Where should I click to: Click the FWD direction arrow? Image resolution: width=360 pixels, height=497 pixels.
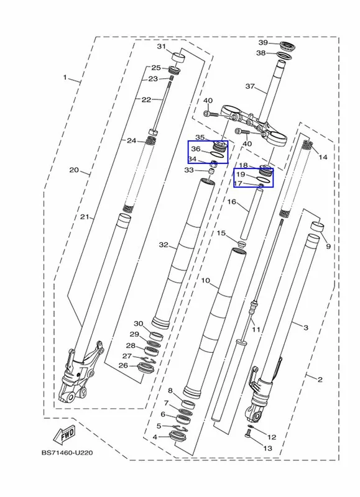point(65,434)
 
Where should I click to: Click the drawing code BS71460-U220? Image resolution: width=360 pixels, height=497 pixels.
point(67,453)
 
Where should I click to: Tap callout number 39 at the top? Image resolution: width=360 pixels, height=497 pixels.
point(263,43)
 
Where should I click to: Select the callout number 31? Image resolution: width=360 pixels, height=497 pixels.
point(162,47)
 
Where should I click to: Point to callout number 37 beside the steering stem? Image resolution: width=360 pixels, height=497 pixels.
point(250,86)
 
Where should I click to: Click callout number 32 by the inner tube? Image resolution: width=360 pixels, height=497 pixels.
point(164,245)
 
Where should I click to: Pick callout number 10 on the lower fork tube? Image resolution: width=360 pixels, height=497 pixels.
point(206,281)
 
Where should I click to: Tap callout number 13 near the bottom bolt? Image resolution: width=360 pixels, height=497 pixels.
point(268,448)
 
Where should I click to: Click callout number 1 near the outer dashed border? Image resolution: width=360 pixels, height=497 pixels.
point(65,77)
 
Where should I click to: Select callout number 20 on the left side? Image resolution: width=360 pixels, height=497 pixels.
point(74,170)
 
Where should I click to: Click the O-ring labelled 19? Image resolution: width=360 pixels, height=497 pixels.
point(263,179)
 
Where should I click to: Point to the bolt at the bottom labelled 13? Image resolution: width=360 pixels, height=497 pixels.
point(248,432)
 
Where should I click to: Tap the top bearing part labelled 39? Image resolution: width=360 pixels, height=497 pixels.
point(288,46)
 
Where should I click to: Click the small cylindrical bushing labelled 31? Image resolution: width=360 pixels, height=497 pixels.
point(178,58)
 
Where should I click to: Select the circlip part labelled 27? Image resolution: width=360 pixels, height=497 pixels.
point(149,360)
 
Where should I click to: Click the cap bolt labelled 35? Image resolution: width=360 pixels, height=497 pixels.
point(219,146)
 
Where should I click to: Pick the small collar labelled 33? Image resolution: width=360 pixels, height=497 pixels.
point(211,172)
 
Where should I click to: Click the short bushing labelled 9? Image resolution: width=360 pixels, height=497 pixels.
point(317,227)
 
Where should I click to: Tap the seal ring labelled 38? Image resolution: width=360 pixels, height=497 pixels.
point(284,55)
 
